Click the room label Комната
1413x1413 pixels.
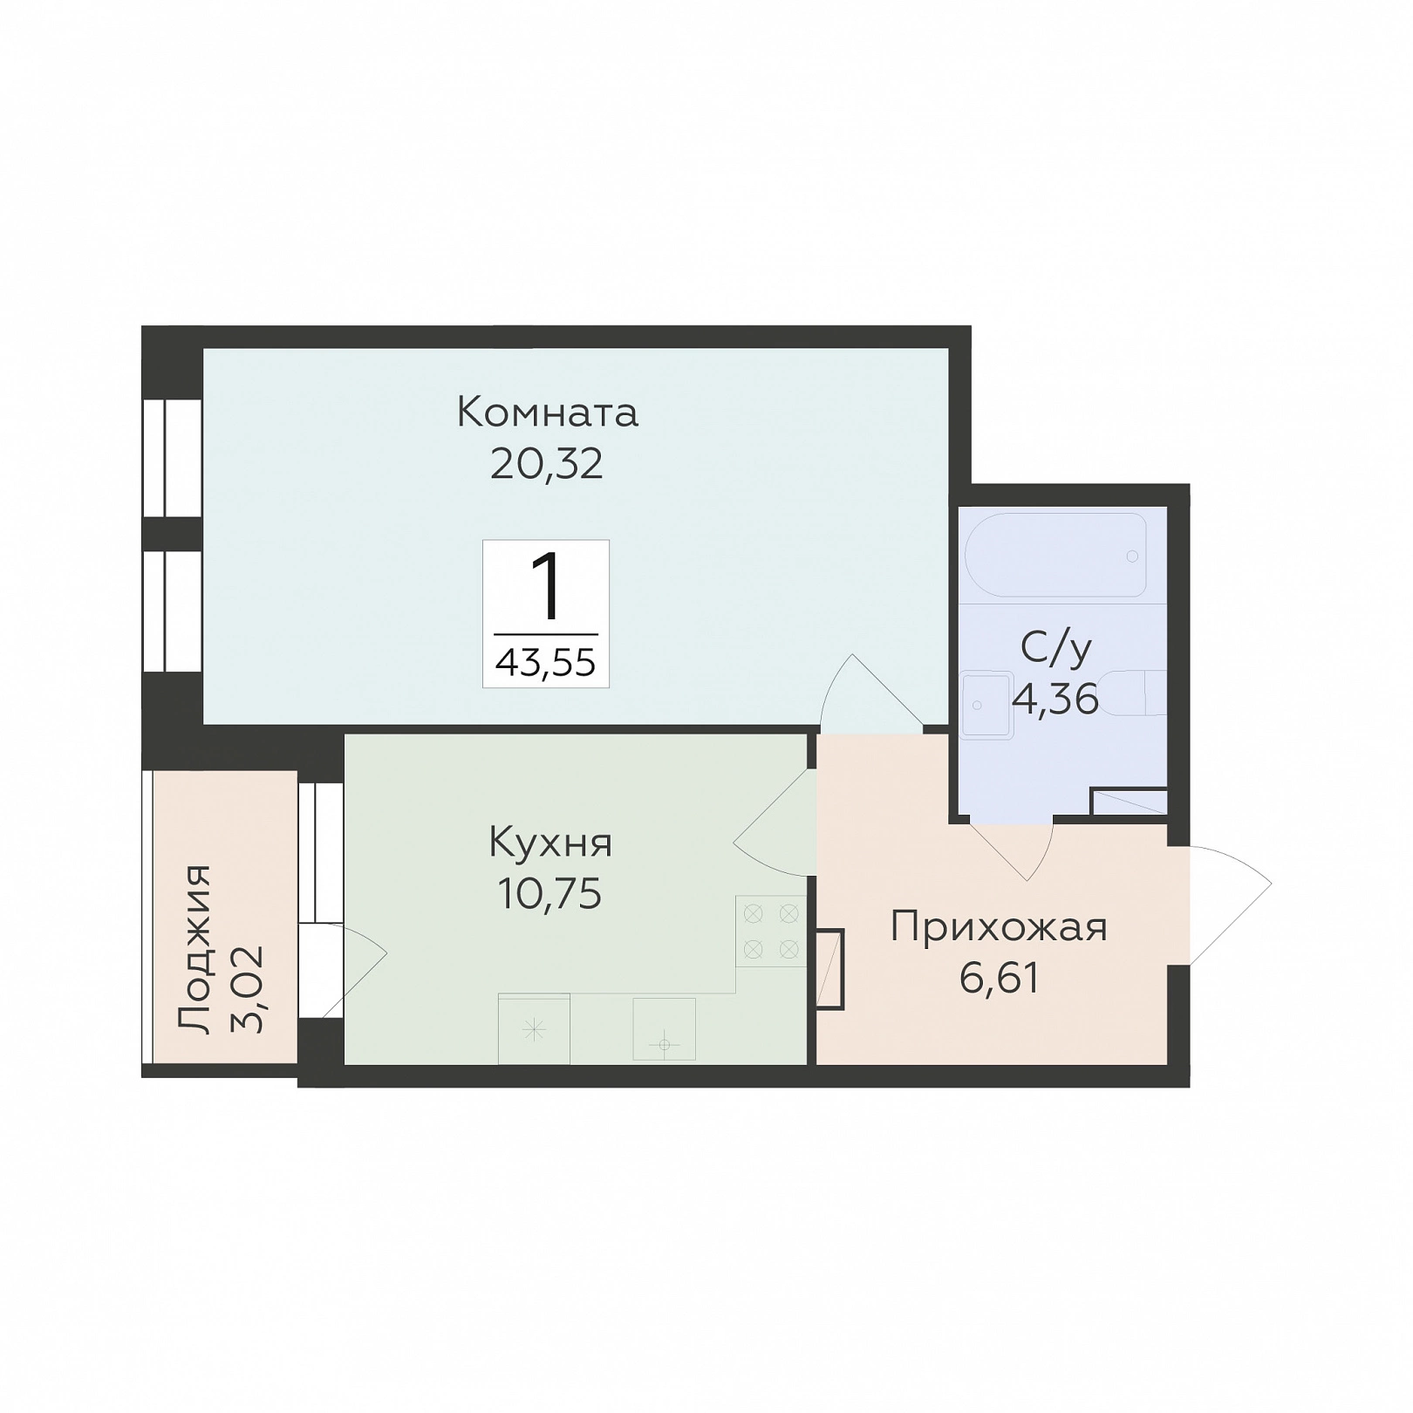548,413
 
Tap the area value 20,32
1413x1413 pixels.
547,464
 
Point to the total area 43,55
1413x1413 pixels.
546,664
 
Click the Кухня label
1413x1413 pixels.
550,843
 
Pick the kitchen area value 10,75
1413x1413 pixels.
549,894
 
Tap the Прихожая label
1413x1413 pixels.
999,928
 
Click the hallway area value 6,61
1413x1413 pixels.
1000,979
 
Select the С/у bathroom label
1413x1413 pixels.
1056,648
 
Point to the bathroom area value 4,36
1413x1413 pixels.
1055,700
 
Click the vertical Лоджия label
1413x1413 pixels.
194,950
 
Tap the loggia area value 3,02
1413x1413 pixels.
248,991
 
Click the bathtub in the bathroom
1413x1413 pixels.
1056,555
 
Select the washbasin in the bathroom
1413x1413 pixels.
986,705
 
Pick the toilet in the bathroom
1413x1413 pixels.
1138,693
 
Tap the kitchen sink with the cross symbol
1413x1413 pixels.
534,1029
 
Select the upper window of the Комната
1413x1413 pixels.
173,457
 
